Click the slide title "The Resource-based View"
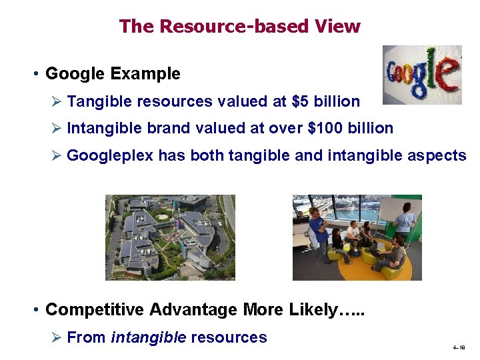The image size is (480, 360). tap(239, 26)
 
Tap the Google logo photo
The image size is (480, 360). tap(421, 75)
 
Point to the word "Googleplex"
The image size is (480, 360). tap(110, 155)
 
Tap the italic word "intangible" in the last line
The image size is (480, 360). tap(149, 337)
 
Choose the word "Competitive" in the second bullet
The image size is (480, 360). tap(95, 310)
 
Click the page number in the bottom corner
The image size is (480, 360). tap(458, 348)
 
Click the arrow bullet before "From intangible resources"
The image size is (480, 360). tap(56, 337)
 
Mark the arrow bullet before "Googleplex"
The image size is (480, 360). tap(56, 155)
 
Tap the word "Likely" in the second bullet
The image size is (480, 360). tap(313, 310)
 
